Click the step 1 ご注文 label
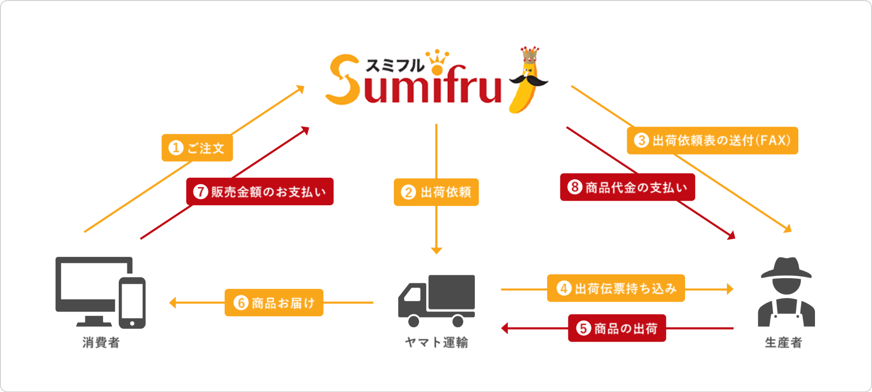coord(197,148)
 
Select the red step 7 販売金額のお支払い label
coord(260,192)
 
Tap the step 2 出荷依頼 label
coord(436,192)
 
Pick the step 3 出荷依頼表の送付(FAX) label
coord(712,140)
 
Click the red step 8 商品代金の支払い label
coord(627,187)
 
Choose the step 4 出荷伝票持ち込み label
coord(616,288)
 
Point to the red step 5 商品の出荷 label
coord(617,328)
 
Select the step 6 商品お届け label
coord(274,303)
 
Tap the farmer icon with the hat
coord(786,292)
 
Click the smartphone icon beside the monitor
coord(132,303)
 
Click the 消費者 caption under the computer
coord(101,342)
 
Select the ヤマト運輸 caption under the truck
coord(436,342)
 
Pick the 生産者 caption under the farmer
coord(783,342)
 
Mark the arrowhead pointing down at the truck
coord(436,250)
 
